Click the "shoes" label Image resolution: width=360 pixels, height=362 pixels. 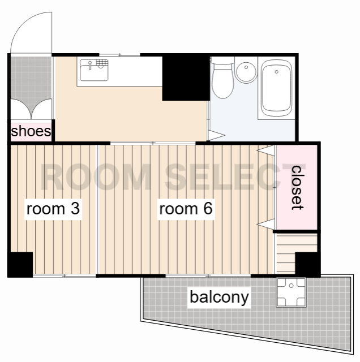(31, 131)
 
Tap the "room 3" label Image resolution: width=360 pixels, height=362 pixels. (53, 209)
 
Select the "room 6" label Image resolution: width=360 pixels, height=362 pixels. (186, 209)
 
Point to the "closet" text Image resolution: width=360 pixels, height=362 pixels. (297, 187)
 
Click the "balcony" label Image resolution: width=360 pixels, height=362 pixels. (219, 298)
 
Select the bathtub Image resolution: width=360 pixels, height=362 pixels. (277, 88)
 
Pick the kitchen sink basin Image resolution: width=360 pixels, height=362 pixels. (94, 70)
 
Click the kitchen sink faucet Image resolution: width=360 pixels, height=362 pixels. (90, 65)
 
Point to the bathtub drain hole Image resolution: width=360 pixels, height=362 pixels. (277, 72)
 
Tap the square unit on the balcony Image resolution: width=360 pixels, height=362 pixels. (292, 292)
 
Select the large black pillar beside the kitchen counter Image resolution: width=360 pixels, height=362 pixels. (186, 77)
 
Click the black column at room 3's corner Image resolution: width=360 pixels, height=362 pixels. (20, 265)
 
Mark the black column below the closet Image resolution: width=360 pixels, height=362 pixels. (308, 265)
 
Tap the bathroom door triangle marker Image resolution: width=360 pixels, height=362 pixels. (216, 135)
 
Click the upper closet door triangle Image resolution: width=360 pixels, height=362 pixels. (266, 150)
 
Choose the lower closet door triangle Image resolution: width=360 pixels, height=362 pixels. (266, 224)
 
